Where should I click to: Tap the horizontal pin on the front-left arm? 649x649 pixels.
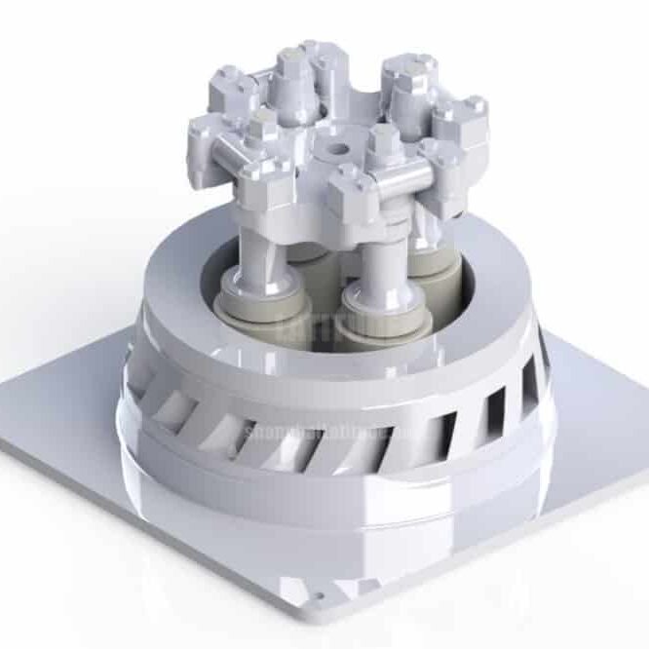point(237,151)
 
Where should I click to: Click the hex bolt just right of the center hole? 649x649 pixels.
point(381,136)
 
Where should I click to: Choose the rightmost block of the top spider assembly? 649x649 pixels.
point(466,122)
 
